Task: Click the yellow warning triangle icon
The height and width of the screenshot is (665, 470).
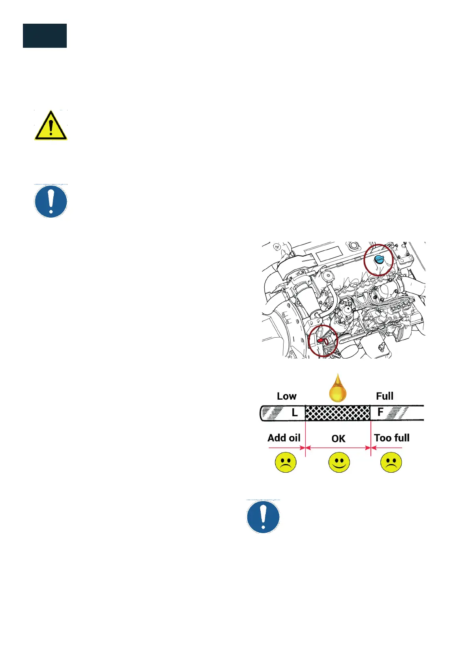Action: click(51, 126)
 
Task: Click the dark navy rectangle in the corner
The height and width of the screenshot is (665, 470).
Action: click(45, 36)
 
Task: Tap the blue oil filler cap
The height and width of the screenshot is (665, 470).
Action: click(379, 259)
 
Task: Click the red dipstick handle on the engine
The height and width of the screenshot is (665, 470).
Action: click(321, 340)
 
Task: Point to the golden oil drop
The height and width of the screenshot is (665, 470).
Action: click(338, 389)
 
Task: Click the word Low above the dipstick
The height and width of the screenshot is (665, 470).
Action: click(286, 396)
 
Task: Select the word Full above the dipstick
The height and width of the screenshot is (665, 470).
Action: click(384, 396)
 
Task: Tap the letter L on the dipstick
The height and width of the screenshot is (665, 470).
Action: click(294, 413)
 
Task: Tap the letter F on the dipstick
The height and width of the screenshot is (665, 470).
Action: click(380, 412)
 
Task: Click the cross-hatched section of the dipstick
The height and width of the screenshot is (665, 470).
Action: click(338, 413)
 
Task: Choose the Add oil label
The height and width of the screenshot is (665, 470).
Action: click(284, 438)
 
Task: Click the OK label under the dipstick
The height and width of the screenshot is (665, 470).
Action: click(338, 439)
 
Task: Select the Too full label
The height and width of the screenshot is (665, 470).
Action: click(391, 438)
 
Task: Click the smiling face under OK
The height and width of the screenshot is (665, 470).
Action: click(339, 462)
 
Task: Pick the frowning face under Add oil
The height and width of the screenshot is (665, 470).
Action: click(286, 462)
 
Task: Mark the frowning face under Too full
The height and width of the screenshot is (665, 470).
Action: click(391, 462)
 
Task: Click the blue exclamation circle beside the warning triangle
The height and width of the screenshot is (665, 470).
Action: click(51, 201)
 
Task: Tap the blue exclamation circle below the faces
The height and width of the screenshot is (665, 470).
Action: click(263, 517)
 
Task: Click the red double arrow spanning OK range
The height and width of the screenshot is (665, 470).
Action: click(338, 448)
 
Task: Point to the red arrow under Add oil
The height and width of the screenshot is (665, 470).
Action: click(287, 448)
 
